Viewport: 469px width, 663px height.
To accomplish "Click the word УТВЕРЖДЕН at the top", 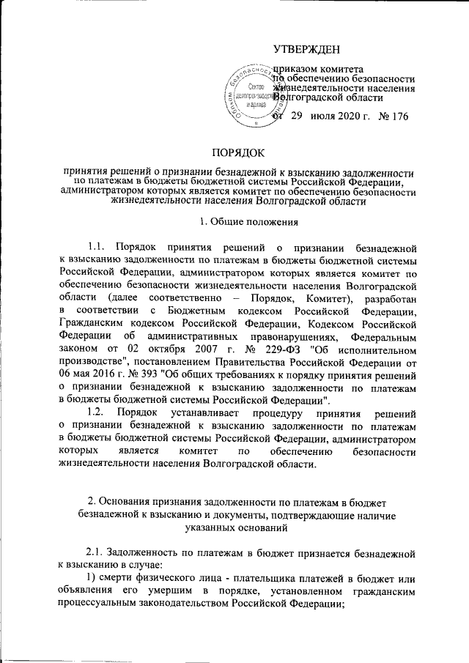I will (x=306, y=49).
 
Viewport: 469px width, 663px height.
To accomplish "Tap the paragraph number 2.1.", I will (x=97, y=549).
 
